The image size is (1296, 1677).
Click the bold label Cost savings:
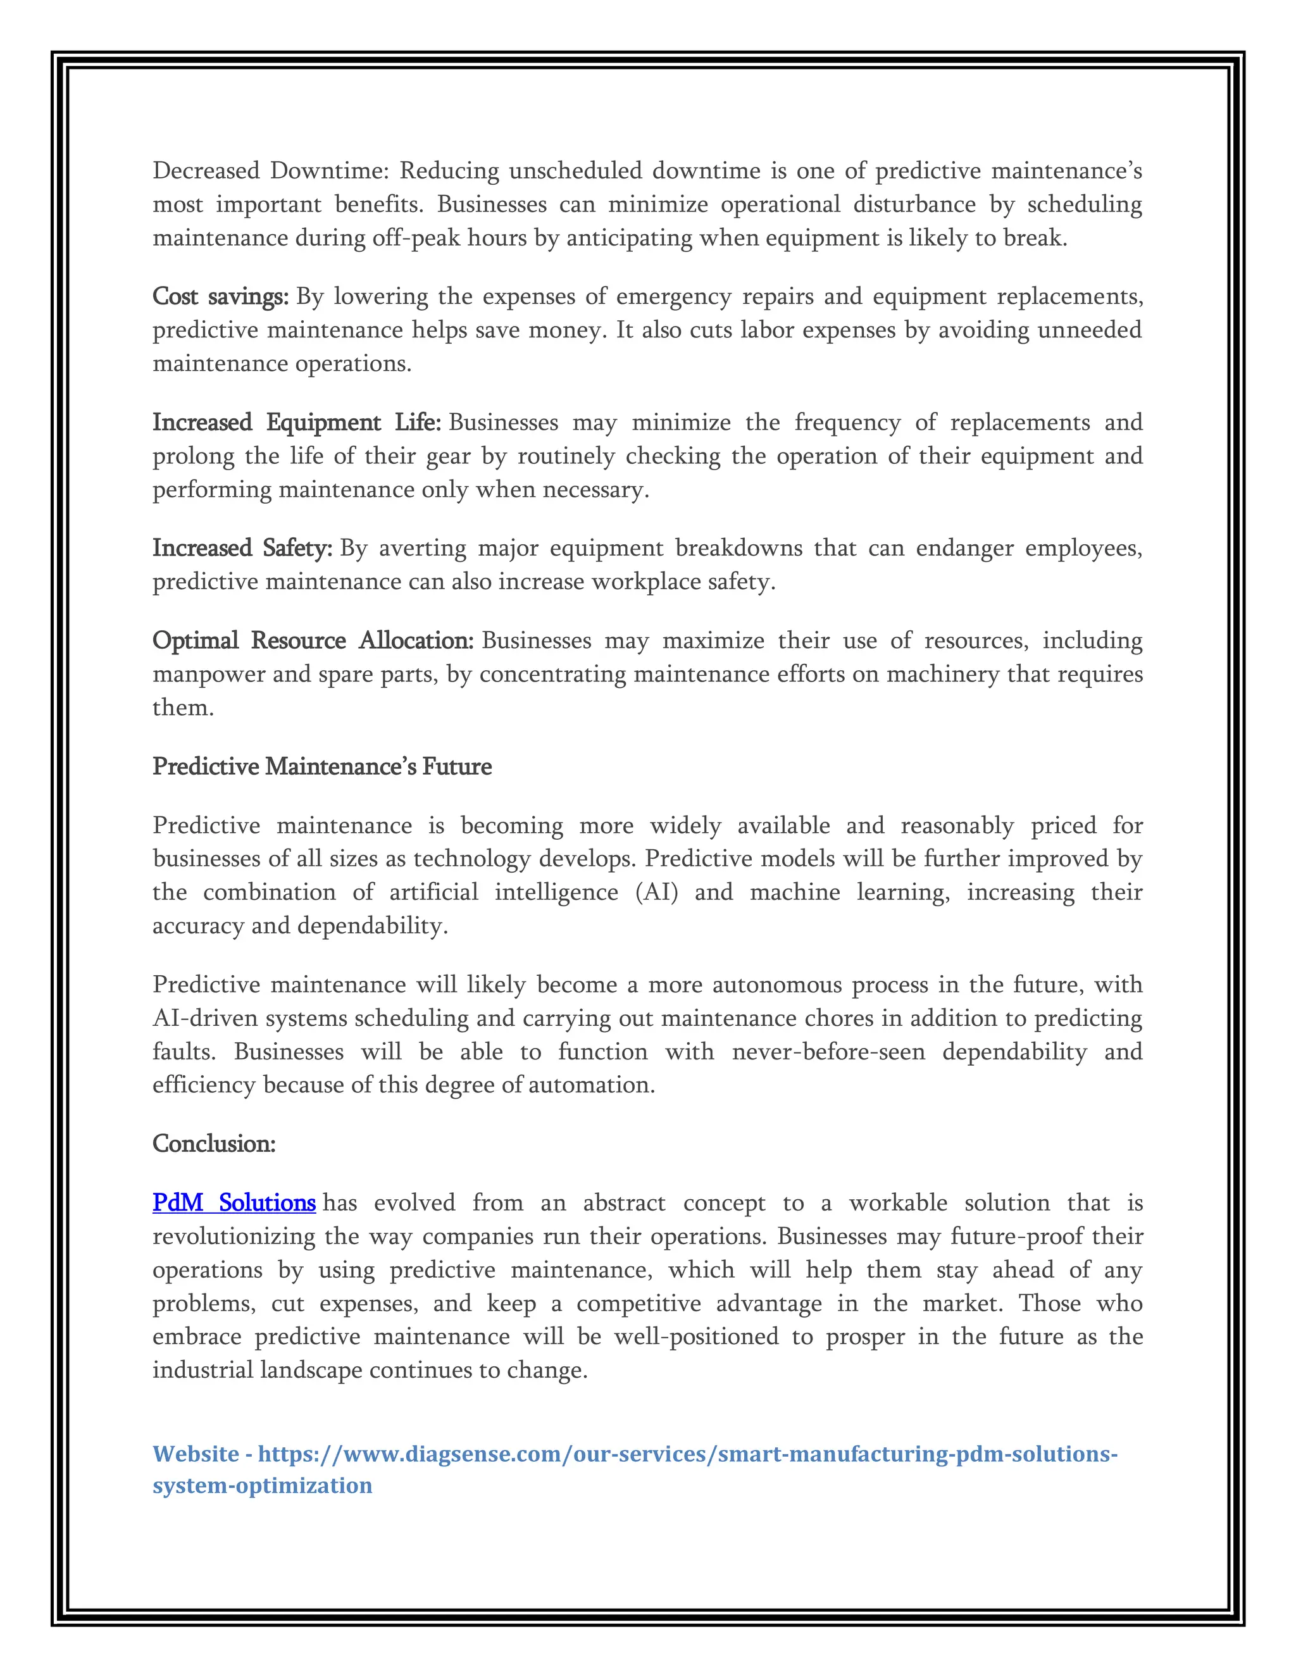(220, 296)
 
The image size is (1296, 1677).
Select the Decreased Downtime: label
(271, 170)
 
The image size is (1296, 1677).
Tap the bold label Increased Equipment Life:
(296, 422)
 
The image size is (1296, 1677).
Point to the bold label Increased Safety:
(242, 548)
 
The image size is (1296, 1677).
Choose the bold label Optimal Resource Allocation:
(313, 640)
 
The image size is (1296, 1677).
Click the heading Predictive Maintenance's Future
(321, 766)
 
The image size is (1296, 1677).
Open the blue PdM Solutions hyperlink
(234, 1202)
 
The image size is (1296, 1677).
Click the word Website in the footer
(196, 1454)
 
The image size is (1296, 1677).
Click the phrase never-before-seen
(828, 1051)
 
